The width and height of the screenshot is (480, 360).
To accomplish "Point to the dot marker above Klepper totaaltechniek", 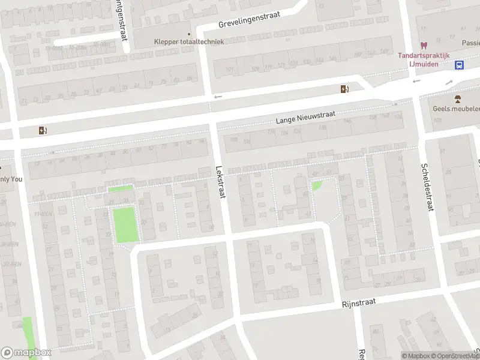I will [x=189, y=34].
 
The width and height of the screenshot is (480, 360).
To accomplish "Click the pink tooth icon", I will [x=424, y=44].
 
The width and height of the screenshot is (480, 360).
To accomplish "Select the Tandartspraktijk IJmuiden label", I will [x=424, y=59].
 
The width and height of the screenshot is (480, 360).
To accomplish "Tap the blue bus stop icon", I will [x=459, y=65].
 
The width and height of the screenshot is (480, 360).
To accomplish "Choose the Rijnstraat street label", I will [x=359, y=304].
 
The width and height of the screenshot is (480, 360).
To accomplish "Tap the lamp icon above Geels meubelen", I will [x=456, y=99].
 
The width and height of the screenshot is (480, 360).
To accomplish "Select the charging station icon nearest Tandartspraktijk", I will [x=344, y=89].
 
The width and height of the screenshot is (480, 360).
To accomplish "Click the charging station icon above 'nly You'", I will [x=42, y=130].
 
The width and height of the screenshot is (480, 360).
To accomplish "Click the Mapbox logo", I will [x=26, y=353].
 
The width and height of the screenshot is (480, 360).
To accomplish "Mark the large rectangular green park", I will [x=125, y=224].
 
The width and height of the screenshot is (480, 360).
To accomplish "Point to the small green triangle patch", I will [x=316, y=186].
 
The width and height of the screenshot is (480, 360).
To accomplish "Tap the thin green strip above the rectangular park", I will [x=120, y=189].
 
